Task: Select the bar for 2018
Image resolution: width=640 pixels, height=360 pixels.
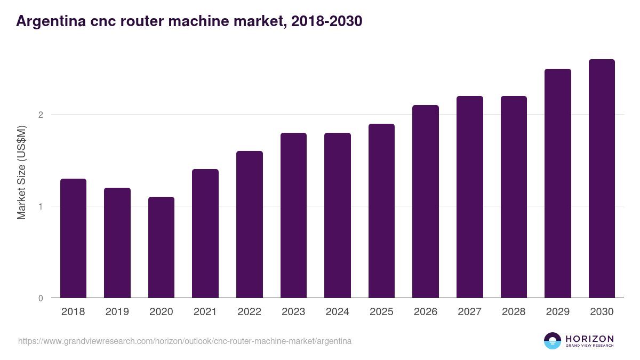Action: pos(73,238)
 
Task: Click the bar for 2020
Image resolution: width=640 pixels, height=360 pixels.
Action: pos(161,247)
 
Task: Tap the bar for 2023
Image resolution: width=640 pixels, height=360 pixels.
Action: pos(293,215)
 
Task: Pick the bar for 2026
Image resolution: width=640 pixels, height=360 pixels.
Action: pos(426,202)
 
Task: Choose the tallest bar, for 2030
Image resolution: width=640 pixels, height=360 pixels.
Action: pos(602,179)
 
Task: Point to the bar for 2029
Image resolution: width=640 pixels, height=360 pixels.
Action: pos(558,183)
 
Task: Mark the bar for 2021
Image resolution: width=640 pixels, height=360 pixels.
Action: pos(205,234)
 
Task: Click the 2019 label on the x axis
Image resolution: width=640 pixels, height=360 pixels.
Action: pos(117,312)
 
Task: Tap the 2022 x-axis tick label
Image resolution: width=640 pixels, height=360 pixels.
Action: pos(249,312)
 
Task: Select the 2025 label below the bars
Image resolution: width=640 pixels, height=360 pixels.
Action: pos(381,312)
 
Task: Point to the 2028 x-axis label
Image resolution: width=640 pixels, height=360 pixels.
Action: pos(514,312)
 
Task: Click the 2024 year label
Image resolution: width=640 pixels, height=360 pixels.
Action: pos(338,312)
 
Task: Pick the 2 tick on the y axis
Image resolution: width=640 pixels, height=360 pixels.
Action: pos(40,115)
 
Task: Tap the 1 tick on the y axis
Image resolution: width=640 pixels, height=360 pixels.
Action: pos(40,206)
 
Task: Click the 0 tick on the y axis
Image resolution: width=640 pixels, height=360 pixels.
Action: pos(40,298)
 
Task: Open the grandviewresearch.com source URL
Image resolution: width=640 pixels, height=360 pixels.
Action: pos(185,341)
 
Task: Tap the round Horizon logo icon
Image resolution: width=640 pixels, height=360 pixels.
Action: pos(553,341)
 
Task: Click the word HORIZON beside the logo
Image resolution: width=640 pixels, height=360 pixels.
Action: pos(589,339)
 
